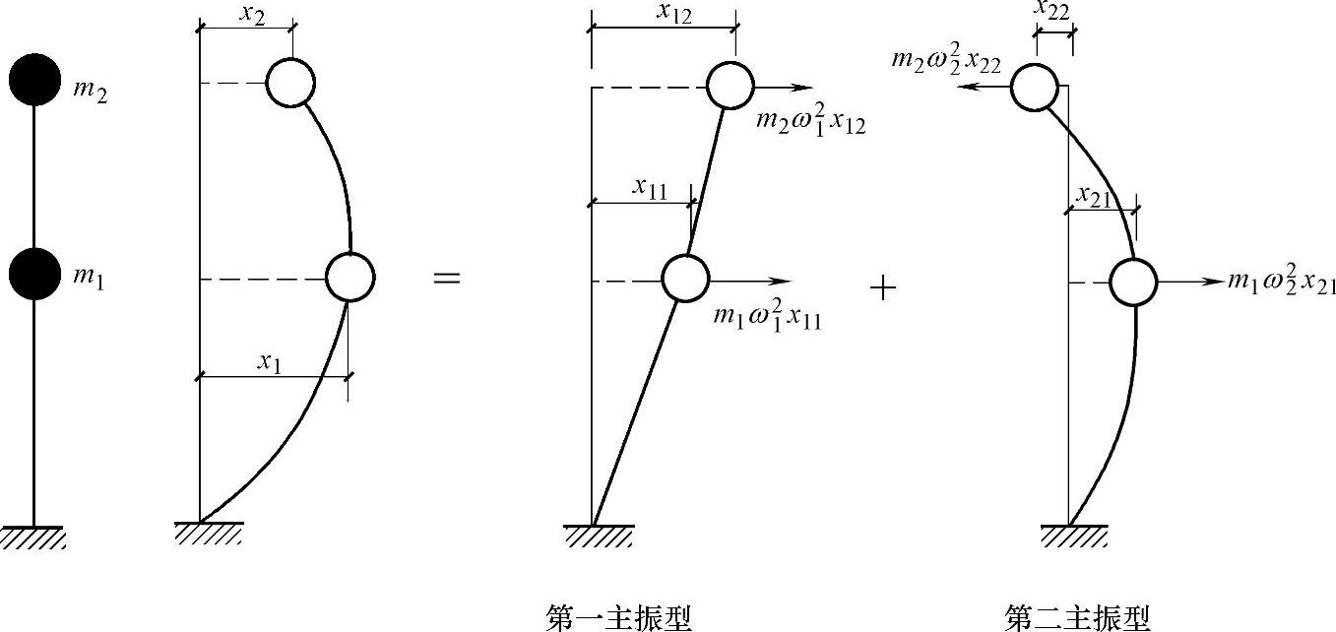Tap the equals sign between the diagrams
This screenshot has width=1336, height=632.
(447, 279)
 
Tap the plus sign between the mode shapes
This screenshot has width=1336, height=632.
(883, 287)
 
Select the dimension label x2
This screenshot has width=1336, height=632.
(252, 15)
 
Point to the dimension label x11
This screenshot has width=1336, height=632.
(650, 187)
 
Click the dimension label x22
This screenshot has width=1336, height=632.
(1051, 9)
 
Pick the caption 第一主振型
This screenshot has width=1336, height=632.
(619, 617)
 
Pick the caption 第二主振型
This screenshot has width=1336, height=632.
(1077, 617)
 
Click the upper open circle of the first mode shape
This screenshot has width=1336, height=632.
(731, 85)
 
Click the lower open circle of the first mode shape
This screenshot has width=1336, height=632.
(685, 278)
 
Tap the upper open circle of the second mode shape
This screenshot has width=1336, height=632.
(1035, 87)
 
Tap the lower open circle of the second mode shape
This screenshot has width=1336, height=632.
(1133, 283)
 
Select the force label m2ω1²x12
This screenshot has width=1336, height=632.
(810, 121)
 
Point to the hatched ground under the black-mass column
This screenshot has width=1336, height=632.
(34, 537)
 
